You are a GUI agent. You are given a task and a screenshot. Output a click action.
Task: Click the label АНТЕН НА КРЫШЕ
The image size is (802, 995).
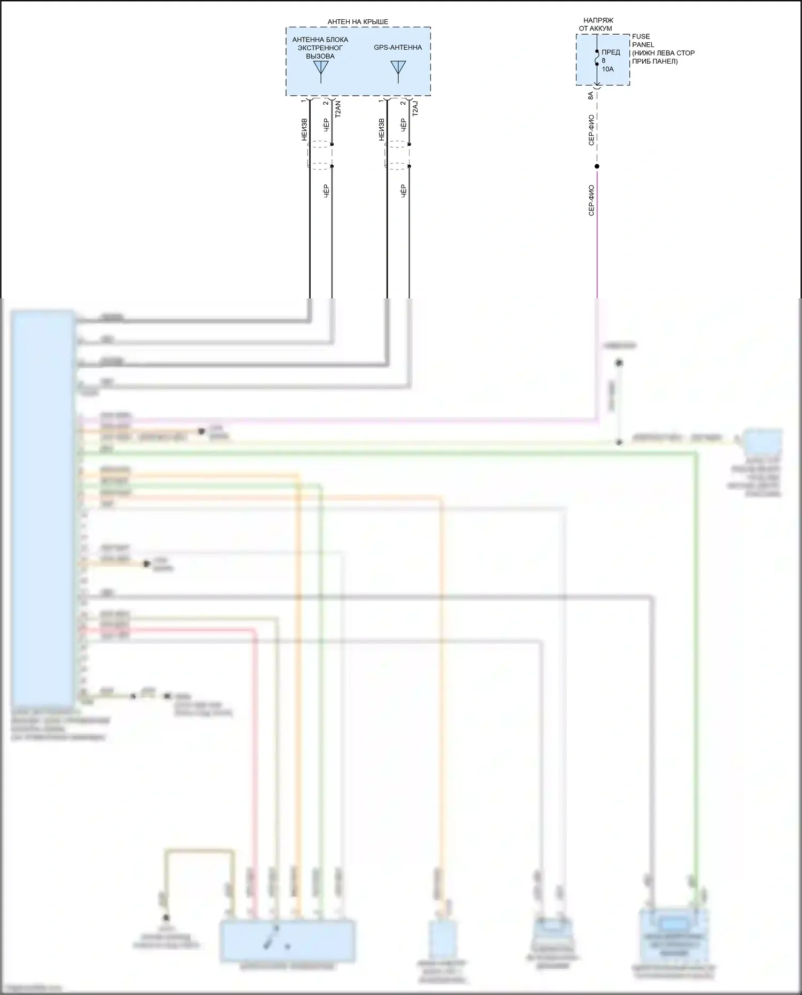point(358,22)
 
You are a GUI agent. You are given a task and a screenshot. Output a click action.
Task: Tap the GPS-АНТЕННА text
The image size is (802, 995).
point(398,48)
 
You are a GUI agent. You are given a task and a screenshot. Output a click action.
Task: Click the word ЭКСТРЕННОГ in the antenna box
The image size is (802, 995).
point(320,48)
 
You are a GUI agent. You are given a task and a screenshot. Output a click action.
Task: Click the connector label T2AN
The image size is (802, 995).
point(337,110)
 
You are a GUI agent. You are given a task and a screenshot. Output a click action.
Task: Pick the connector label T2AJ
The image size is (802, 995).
point(415,109)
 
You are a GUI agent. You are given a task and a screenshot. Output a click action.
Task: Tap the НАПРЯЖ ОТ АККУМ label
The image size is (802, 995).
point(597,24)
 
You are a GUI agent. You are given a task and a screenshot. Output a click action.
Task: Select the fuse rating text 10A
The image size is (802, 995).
point(607,70)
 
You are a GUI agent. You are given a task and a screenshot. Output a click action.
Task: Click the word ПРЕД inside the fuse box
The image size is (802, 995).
point(611,52)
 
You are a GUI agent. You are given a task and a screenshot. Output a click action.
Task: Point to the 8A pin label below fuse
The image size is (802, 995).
point(590,96)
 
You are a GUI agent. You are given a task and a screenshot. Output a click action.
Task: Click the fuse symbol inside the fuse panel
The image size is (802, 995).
point(597,58)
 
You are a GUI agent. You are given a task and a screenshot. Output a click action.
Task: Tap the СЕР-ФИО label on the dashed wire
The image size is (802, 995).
point(591,130)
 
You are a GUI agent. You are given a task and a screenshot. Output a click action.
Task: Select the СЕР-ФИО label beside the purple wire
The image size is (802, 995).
point(591,200)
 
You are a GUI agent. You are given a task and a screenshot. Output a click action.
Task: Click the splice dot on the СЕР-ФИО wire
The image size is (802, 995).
point(597,166)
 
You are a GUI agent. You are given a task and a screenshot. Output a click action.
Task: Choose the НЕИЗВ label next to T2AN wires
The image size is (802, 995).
point(304,130)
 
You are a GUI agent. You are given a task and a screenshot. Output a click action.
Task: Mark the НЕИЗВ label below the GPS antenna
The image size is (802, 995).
point(381,130)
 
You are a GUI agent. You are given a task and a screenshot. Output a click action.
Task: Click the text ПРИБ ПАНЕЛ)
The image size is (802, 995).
point(654,61)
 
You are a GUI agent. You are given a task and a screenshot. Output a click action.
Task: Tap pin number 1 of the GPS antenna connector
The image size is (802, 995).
point(381,101)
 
